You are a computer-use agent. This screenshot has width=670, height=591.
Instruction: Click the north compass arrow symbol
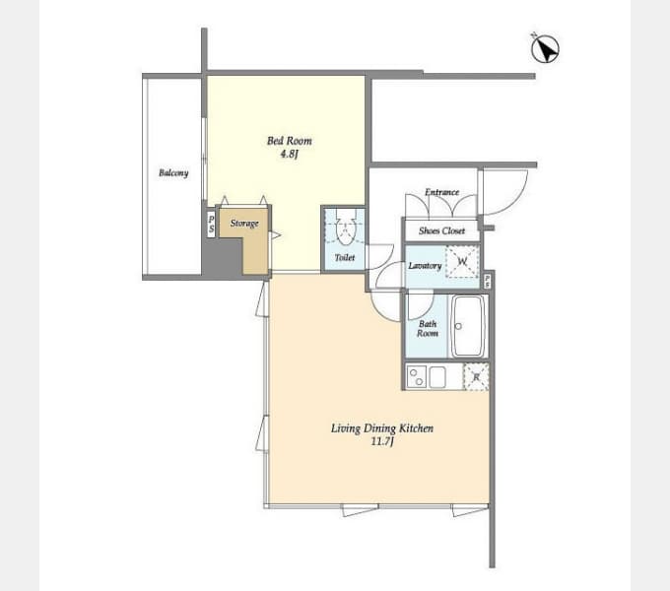tap(545, 48)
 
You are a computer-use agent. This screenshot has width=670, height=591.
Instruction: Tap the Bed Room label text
tap(290, 141)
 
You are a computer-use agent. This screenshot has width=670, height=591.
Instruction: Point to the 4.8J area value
tap(289, 155)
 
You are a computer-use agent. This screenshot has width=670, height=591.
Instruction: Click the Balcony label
tap(173, 173)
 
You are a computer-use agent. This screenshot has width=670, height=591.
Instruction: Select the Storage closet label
tap(244, 224)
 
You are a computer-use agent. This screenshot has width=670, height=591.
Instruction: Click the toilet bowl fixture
tap(345, 228)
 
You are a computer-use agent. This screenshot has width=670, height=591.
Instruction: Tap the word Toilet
tap(345, 257)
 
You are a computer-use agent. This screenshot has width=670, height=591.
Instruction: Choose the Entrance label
tap(441, 192)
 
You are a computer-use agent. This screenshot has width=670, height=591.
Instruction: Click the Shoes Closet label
tap(441, 231)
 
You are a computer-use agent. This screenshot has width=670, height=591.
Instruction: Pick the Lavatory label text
tap(425, 266)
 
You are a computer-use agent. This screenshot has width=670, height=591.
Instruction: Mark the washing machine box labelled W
tap(462, 261)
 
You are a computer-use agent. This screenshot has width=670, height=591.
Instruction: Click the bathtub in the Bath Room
tap(469, 326)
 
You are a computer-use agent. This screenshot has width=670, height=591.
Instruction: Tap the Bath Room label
tap(428, 329)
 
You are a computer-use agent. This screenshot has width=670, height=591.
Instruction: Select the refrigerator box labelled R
tap(476, 376)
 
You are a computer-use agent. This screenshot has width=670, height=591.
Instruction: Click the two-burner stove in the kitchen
tap(416, 376)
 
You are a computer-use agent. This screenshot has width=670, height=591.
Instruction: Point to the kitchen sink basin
tap(437, 376)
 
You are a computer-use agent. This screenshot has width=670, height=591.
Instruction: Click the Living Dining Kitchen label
tap(382, 428)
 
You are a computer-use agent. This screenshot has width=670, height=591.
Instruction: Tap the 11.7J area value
tap(382, 441)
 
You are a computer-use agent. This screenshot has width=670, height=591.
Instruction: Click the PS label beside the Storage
tap(211, 224)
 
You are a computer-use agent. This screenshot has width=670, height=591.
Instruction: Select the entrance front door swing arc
tap(515, 201)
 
